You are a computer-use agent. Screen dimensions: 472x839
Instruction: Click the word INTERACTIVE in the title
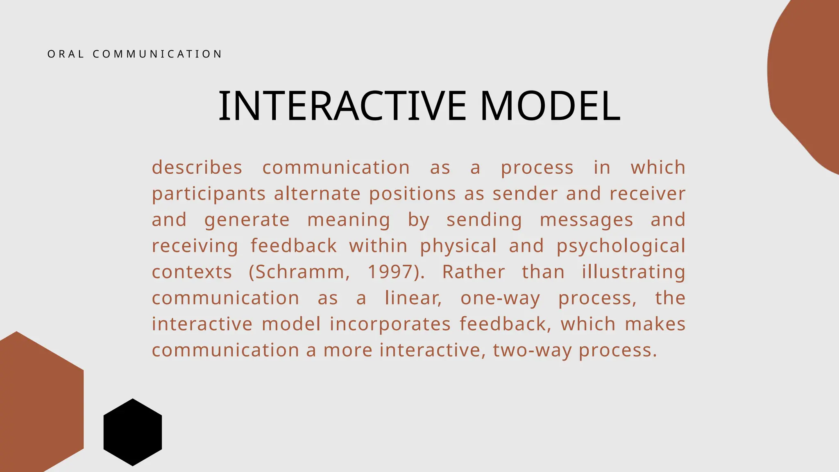coord(342,106)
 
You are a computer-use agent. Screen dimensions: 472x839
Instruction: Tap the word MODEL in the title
coord(550,106)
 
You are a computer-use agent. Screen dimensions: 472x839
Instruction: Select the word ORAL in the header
coord(66,54)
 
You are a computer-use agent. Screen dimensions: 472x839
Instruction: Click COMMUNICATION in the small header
coord(157,54)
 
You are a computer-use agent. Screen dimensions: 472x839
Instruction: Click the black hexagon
coord(133,432)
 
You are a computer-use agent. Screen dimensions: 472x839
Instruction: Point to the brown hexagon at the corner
coord(37,406)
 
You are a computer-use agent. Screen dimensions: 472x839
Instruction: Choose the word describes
coord(197,168)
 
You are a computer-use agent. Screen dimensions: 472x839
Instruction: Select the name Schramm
coord(299,272)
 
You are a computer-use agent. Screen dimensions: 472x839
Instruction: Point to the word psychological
coord(621,246)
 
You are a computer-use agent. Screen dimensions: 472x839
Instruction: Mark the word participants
coord(209,194)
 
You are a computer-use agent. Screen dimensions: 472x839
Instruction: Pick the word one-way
coord(500,298)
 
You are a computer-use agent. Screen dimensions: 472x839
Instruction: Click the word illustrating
coord(633,272)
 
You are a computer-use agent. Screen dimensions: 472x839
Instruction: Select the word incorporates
coord(390,324)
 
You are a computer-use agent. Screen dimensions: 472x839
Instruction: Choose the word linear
coord(413,298)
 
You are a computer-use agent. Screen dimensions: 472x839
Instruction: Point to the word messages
coord(586,220)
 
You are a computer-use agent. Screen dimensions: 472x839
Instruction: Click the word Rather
coord(473,272)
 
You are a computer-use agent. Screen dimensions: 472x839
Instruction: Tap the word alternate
coord(317,194)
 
